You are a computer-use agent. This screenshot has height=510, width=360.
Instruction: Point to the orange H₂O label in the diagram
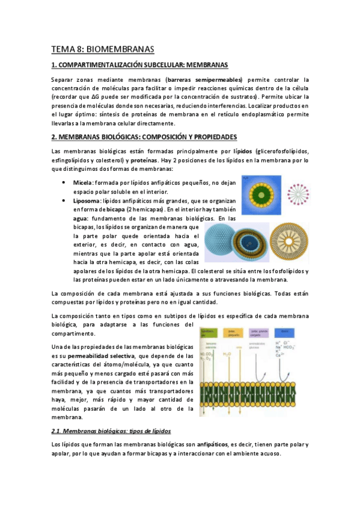[227, 355]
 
